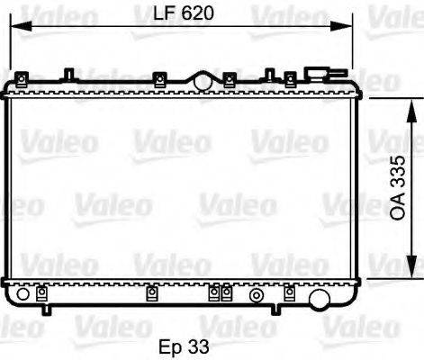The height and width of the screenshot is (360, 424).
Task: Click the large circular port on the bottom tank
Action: [318, 299]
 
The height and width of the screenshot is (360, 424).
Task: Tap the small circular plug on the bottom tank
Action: [257, 295]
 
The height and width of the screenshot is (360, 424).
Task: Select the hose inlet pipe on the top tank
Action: [318, 73]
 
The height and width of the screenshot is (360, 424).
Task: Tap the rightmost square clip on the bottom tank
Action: [289, 292]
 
